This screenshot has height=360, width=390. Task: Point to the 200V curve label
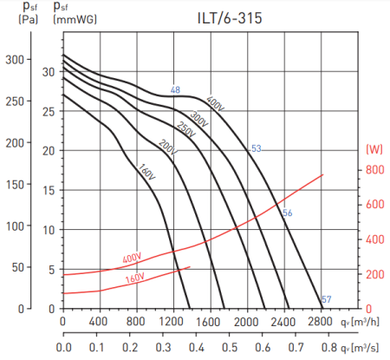[167, 148]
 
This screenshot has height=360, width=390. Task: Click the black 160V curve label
[146, 172]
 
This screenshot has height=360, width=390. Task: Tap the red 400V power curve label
[132, 258]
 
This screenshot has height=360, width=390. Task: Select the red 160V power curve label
[134, 278]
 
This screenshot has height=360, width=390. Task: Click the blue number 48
[175, 90]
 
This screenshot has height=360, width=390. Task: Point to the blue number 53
[256, 148]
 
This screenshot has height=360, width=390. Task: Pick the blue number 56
[287, 213]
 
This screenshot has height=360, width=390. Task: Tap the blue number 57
[326, 299]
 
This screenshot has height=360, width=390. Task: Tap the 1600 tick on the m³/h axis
[206, 323]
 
